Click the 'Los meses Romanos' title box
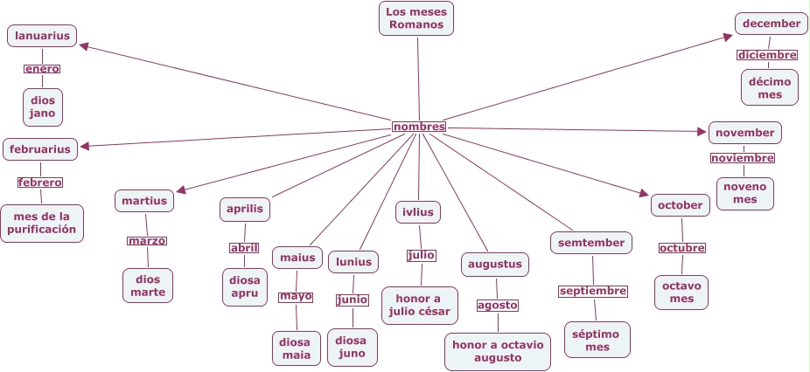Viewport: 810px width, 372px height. click(416, 18)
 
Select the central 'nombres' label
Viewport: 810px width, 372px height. click(419, 127)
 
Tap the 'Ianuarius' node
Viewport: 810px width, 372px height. click(42, 36)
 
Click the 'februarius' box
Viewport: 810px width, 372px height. click(40, 148)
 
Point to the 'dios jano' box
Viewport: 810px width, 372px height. click(43, 107)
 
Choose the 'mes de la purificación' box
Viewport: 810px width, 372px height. click(42, 224)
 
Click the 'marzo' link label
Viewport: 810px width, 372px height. click(146, 241)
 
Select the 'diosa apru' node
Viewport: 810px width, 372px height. click(244, 286)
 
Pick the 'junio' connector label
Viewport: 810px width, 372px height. click(353, 300)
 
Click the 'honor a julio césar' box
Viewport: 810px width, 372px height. click(420, 305)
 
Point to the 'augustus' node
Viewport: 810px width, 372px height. click(495, 264)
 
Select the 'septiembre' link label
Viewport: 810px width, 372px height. click(593, 291)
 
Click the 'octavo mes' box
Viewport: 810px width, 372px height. click(681, 293)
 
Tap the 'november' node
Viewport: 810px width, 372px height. click(744, 133)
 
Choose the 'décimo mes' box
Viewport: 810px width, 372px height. click(770, 87)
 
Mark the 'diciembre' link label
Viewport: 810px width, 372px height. click(767, 55)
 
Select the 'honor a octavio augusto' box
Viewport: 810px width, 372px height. click(498, 351)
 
